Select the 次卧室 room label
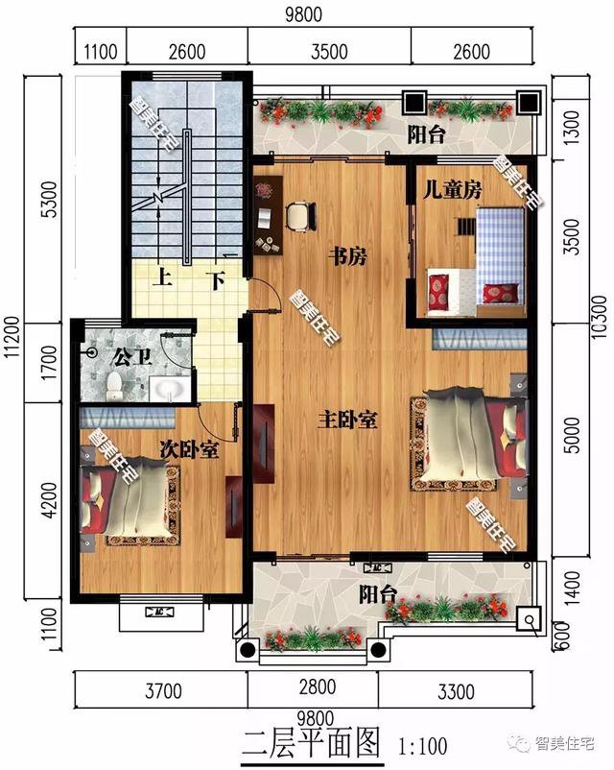pyautogui.click(x=188, y=449)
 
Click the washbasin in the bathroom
pyautogui.click(x=172, y=389)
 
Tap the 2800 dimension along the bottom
pyautogui.click(x=313, y=687)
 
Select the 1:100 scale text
pyautogui.click(x=421, y=743)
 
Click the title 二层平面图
pyautogui.click(x=312, y=742)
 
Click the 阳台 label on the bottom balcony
pyautogui.click(x=377, y=592)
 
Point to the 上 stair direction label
pyautogui.click(x=164, y=281)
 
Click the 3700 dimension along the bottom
pyautogui.click(x=160, y=687)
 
